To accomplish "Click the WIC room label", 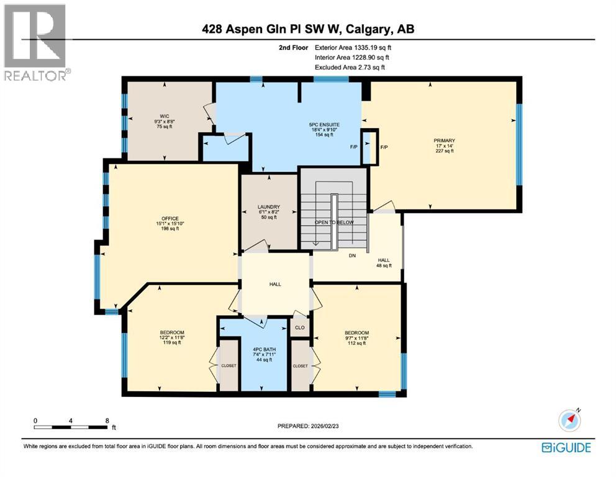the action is coord(164,116).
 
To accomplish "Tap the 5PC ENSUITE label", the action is coord(324,125).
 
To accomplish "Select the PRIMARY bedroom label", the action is coord(445,140).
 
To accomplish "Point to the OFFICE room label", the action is coord(170,219).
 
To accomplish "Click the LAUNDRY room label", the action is coord(269,207).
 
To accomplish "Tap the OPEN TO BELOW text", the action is coord(334,222).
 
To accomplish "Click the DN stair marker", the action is coord(352,255).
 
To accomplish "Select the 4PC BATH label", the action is coord(264,349).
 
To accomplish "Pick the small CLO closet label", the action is coord(300,327).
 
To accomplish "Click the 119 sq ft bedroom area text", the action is coord(171,343).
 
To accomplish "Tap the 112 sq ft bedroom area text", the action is coord(356,343).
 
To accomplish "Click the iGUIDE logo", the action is coord(566,448).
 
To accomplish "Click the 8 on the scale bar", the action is coord(107,420).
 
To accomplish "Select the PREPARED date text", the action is coord(308,426).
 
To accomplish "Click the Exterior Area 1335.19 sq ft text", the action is coord(353,48).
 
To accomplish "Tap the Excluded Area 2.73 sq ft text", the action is coord(350,67).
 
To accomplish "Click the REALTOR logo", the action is coord(36,42).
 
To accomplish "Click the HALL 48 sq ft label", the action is coord(384,263).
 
